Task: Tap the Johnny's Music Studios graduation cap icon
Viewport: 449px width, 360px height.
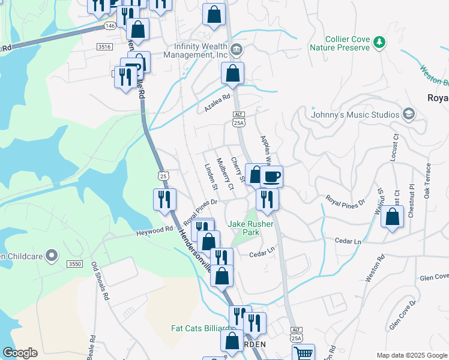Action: coord(409,114)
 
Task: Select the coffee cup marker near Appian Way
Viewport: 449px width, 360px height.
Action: coord(271,176)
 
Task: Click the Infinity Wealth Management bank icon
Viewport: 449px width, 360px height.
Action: coord(236,49)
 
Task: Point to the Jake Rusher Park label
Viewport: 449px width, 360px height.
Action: coord(251,229)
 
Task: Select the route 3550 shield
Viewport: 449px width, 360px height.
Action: coord(74,264)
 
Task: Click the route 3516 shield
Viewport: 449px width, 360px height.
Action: coord(104,46)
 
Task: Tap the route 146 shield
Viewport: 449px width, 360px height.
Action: coord(109,26)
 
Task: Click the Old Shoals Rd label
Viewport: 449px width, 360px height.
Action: coord(100,281)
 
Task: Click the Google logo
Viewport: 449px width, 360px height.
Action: coord(20,353)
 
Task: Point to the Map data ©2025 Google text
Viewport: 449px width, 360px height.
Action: coord(412,355)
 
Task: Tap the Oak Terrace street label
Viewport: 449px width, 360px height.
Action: coord(427,181)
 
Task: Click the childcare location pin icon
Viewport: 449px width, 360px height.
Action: coord(52,256)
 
